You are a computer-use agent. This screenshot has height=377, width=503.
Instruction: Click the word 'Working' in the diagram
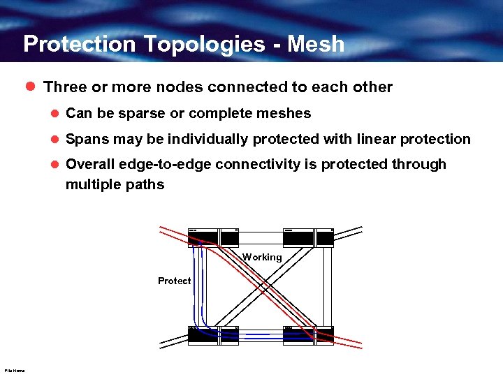(262, 257)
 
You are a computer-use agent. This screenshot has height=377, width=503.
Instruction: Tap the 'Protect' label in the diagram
(174, 281)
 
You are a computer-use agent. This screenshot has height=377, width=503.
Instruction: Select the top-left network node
(213, 238)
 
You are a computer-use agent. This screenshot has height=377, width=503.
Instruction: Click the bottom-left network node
(213, 334)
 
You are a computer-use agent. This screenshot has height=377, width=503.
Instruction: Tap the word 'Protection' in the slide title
(80, 44)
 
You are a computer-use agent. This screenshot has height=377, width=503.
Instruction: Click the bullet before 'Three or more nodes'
(29, 87)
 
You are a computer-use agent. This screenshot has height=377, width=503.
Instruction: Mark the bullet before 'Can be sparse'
(54, 114)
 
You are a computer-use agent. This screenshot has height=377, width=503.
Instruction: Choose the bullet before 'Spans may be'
(54, 140)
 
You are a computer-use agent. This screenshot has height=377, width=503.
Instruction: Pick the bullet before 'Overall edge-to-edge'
(54, 165)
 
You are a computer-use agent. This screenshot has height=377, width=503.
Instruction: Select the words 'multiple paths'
(115, 184)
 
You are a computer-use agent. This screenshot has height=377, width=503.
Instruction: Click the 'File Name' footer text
(14, 371)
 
